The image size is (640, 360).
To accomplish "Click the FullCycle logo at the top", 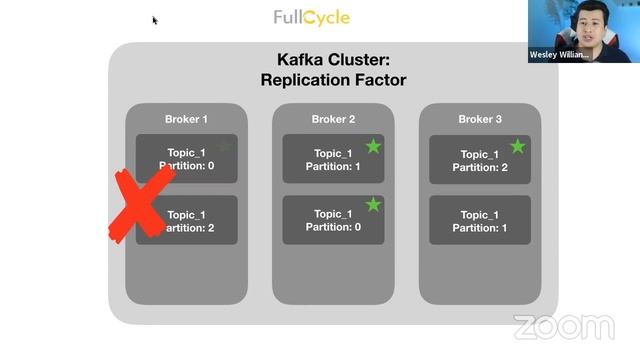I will click(x=312, y=18).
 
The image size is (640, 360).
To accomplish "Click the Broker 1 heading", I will click(x=186, y=119).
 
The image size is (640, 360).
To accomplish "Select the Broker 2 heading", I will click(x=333, y=119).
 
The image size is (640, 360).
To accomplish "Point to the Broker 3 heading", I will click(x=480, y=119).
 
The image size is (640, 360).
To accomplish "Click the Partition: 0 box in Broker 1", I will click(x=187, y=159).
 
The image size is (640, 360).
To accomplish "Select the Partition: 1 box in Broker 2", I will click(x=333, y=159).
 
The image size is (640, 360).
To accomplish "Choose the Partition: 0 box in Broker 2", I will click(x=333, y=221).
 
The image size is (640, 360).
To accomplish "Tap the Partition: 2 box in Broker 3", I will click(x=480, y=160).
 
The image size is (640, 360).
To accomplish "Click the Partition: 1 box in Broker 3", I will click(x=480, y=221).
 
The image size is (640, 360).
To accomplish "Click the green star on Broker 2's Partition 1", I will click(x=373, y=147).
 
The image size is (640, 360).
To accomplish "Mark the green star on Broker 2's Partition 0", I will click(x=373, y=205).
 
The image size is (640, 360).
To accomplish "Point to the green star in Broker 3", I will click(x=518, y=147).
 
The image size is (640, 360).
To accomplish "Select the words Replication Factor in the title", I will click(x=333, y=80).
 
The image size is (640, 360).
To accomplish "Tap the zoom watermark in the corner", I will click(x=563, y=327).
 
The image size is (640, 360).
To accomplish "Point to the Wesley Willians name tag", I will click(x=560, y=56).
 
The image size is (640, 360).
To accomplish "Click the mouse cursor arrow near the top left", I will click(x=155, y=20).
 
